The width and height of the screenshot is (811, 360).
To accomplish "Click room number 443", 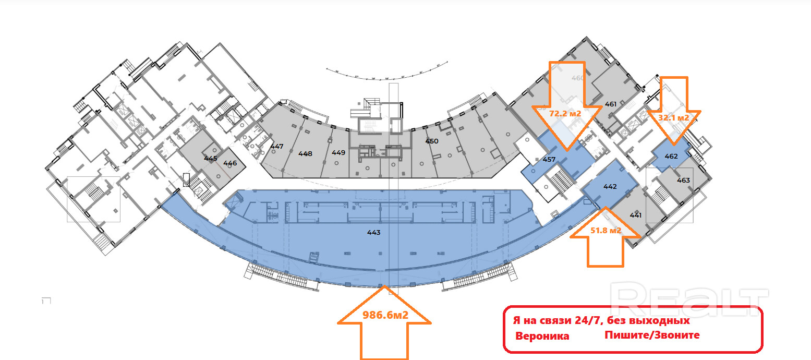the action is coord(374,233).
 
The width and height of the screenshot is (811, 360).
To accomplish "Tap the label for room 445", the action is coord(211,158).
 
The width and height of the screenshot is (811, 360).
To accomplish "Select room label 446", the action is coord(230,163).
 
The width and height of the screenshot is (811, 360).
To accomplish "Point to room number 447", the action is coord(277,146).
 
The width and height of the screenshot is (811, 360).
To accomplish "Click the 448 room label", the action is coord(305,153).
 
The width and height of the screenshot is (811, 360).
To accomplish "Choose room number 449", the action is coord(338,153).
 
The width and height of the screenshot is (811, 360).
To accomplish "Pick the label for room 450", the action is coord(431,141).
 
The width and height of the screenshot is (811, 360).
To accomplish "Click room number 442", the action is coord(610,186).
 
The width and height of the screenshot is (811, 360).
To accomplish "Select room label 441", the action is coord(635,215).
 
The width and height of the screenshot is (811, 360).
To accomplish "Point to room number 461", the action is coord(611,104).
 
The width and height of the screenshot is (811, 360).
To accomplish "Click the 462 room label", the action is coord(671,155).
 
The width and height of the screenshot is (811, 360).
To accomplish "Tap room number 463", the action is coord(683,180).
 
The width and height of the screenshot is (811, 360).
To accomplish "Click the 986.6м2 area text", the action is coord(385,315).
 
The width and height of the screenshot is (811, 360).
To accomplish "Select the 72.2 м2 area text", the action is coord(565,113).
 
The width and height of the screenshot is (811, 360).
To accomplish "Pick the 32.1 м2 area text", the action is coord(674,118).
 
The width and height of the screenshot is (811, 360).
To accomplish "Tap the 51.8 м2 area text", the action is coord(606,230).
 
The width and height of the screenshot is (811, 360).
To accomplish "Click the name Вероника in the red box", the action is coord(542,336).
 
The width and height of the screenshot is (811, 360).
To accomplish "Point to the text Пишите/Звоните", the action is coord(652,335).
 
